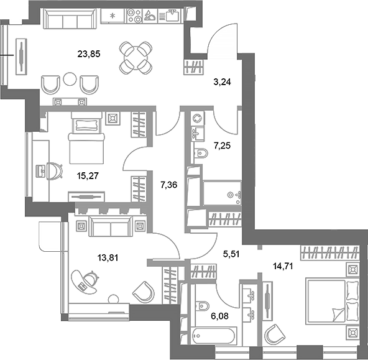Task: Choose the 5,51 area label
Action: click(232, 252)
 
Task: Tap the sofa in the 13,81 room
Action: click(111, 227)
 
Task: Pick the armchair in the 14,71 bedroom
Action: click(274, 336)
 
